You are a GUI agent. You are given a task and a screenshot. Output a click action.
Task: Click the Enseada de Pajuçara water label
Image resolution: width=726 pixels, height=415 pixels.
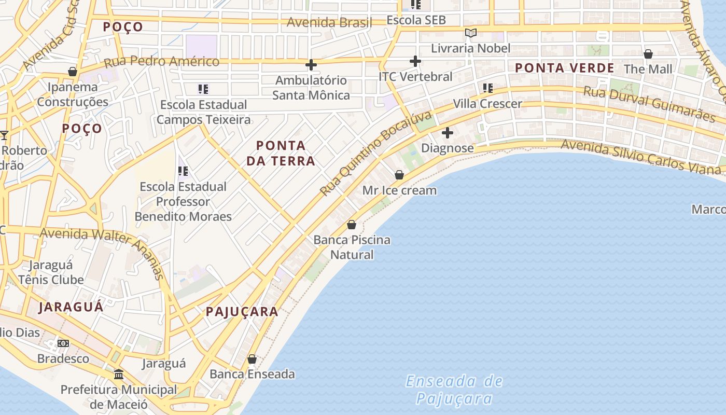tap(454, 390)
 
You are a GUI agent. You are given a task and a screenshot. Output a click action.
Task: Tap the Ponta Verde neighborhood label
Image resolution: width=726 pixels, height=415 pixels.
tap(564, 68)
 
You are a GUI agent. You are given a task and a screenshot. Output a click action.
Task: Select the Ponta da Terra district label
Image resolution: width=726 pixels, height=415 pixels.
tap(281, 153)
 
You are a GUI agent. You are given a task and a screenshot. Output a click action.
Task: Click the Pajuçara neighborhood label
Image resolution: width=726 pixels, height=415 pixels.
tap(242, 312)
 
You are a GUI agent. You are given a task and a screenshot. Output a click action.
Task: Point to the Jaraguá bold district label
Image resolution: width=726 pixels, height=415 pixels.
tap(71, 307)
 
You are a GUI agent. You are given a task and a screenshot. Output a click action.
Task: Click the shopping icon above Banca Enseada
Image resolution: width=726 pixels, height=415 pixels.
tap(252, 359)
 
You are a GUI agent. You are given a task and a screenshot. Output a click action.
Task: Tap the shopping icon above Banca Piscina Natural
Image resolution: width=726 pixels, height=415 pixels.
tap(352, 225)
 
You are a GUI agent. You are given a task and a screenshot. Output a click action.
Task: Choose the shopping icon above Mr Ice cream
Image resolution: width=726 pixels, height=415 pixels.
tap(399, 175)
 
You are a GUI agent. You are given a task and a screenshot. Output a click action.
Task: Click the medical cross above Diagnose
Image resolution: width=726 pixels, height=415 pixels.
tap(448, 133)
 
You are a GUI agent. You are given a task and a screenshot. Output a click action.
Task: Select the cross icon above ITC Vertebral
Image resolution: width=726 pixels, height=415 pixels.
tap(415, 61)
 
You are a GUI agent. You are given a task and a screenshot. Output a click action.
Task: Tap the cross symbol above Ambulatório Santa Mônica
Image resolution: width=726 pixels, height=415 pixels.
tap(311, 65)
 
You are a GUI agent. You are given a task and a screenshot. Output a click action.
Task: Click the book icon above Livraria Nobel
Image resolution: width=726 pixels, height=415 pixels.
tap(471, 33)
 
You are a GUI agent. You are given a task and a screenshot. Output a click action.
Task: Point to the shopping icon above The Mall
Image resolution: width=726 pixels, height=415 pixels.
tap(648, 54)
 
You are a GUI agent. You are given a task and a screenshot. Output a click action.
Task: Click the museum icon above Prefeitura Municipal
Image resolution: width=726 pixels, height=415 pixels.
tap(119, 374)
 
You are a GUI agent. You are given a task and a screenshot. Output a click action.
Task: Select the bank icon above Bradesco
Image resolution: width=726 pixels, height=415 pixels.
tap(63, 343)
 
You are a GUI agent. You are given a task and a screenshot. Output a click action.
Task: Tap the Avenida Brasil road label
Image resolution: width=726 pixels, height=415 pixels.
tap(329, 22)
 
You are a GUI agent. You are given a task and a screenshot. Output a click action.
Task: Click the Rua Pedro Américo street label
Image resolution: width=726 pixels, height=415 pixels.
tap(162, 62)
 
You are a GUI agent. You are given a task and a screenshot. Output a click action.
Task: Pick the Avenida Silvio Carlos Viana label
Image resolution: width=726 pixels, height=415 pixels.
tap(641, 155)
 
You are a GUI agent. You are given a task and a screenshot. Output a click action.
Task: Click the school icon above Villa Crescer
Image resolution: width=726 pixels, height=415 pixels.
tap(487, 88)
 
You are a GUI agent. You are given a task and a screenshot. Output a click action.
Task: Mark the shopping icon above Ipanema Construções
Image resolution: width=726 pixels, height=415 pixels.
tap(73, 72)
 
